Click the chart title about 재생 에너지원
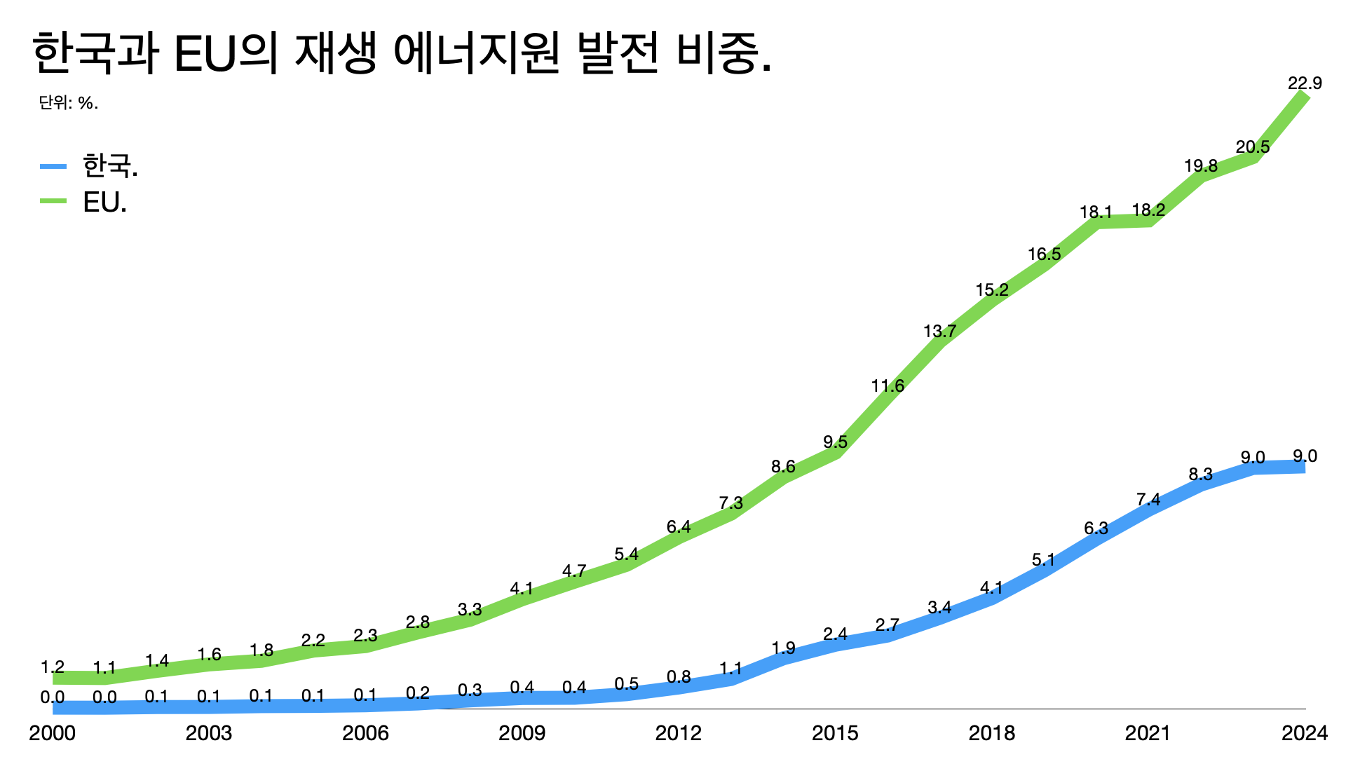coord(401,53)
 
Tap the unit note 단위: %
coord(68,103)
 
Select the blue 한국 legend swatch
coord(53,166)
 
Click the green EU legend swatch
coord(53,201)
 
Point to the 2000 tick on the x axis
coord(52,733)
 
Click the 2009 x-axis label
coord(522,733)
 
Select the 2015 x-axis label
coord(835,733)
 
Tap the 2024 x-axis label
coord(1304,733)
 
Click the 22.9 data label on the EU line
coord(1305,83)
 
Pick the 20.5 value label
coord(1253,147)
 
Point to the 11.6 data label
coord(888,386)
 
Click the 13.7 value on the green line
coord(939,332)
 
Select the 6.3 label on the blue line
coord(1096,528)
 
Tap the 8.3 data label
coord(1200,475)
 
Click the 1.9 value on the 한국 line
coord(783,648)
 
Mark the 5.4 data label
coord(626,554)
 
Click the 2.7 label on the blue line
coord(888,625)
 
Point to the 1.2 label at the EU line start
coord(53,667)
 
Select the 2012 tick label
coord(678,733)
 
